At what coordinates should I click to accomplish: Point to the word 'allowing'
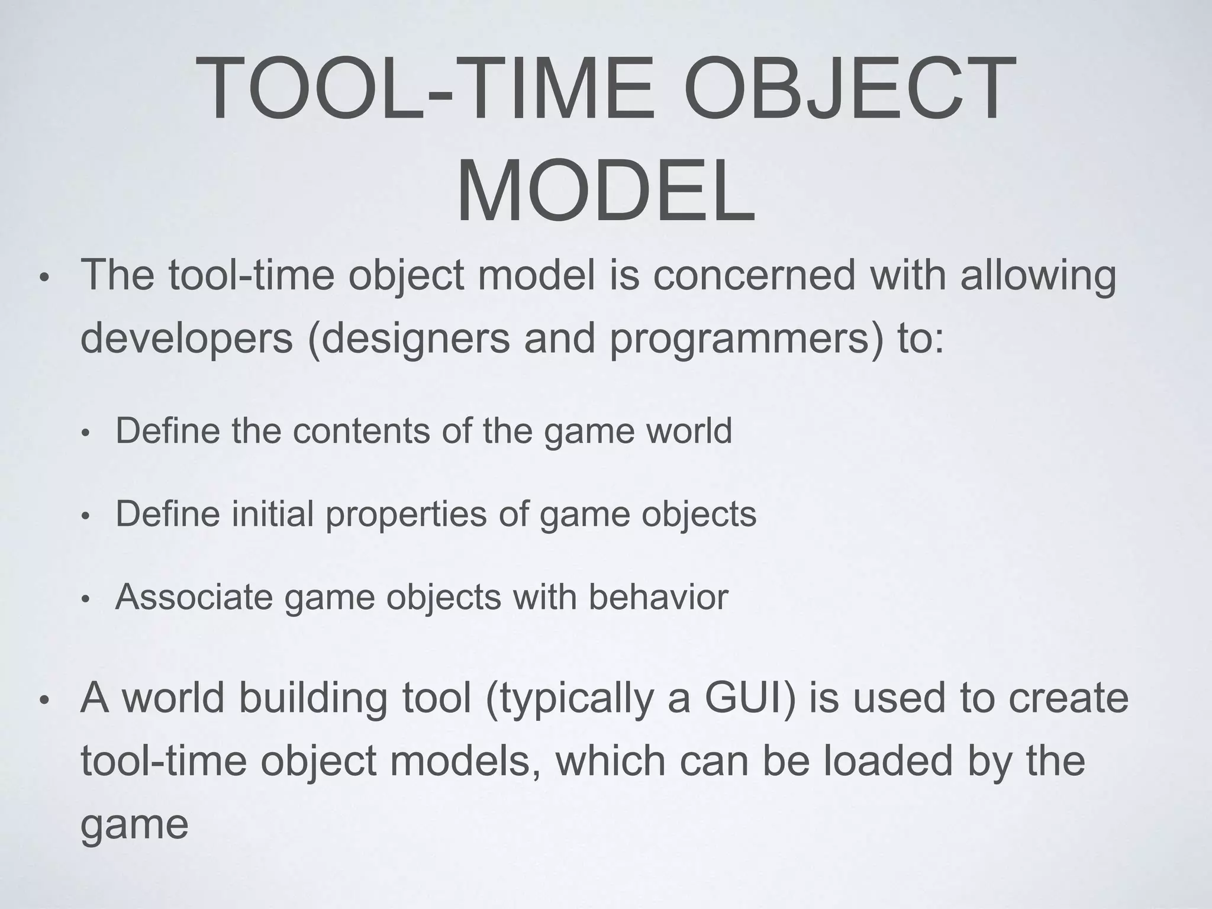pyautogui.click(x=1038, y=276)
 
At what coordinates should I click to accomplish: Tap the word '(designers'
pyautogui.click(x=409, y=339)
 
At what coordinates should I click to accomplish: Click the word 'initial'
pyautogui.click(x=272, y=514)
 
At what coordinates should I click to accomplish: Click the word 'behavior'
pyautogui.click(x=658, y=597)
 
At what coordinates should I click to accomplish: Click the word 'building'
pyautogui.click(x=312, y=698)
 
